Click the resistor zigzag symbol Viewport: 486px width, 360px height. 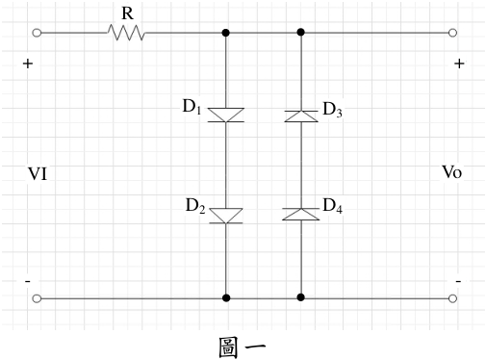point(126,33)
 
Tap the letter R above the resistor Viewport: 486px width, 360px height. point(127,13)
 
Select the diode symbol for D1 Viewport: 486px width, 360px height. point(226,115)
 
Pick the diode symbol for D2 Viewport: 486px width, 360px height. point(226,216)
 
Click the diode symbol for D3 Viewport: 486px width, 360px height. point(301,116)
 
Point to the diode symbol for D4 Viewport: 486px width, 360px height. point(301,214)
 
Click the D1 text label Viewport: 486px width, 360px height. point(192,107)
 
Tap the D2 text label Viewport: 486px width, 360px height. point(195,205)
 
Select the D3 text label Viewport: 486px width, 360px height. point(332,109)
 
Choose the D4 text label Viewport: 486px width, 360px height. point(332,206)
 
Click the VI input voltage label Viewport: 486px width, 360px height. point(38,174)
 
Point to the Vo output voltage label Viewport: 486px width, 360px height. point(452,172)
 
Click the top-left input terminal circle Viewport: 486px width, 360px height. point(37,33)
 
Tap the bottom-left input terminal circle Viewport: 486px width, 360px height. point(37,298)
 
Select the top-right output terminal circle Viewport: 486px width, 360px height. point(452,33)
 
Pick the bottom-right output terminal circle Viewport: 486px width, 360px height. point(452,298)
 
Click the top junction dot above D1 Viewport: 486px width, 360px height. point(226,33)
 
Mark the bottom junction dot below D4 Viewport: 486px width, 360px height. point(300,297)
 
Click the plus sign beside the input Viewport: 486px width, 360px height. point(28,64)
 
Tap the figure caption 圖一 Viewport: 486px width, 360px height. point(243,347)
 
